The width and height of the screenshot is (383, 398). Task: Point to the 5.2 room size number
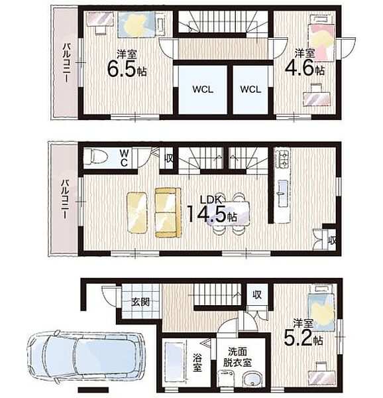click(x=298, y=338)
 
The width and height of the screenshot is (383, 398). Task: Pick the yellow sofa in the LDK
click(x=168, y=213)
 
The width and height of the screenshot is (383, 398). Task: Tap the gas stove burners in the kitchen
click(x=283, y=159)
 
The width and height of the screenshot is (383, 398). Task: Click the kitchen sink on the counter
click(x=283, y=194)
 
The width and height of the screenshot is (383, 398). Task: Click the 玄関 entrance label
click(x=140, y=302)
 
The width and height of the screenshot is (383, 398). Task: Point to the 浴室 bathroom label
click(x=197, y=364)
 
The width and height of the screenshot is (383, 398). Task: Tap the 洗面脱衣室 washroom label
click(x=237, y=358)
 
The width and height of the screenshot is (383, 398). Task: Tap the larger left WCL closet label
click(x=203, y=90)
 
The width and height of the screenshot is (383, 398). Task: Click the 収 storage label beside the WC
click(x=168, y=159)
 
